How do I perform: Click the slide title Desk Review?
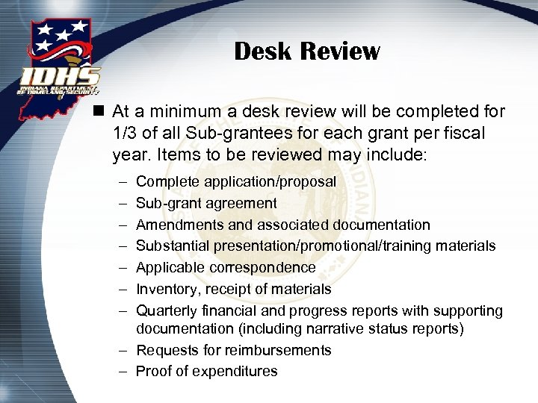click(x=306, y=51)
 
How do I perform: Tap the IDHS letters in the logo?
click(x=60, y=76)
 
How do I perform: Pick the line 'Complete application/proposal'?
click(x=235, y=182)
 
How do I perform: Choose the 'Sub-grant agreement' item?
click(x=205, y=203)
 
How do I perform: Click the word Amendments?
click(x=176, y=225)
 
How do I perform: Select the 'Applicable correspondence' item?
click(x=225, y=267)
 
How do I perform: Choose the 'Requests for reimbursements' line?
click(x=233, y=350)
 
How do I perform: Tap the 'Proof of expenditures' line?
click(x=206, y=371)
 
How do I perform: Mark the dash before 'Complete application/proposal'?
click(x=123, y=182)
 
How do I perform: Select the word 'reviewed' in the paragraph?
click(x=232, y=156)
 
